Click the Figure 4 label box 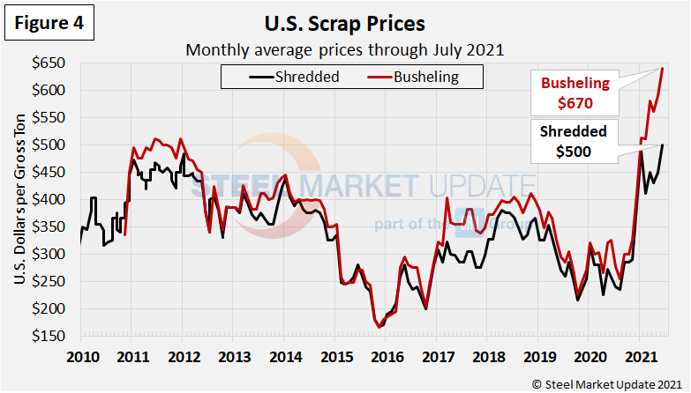click(52, 24)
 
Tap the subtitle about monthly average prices click(344, 49)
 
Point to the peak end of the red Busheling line click(662, 69)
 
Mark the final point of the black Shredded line click(663, 145)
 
